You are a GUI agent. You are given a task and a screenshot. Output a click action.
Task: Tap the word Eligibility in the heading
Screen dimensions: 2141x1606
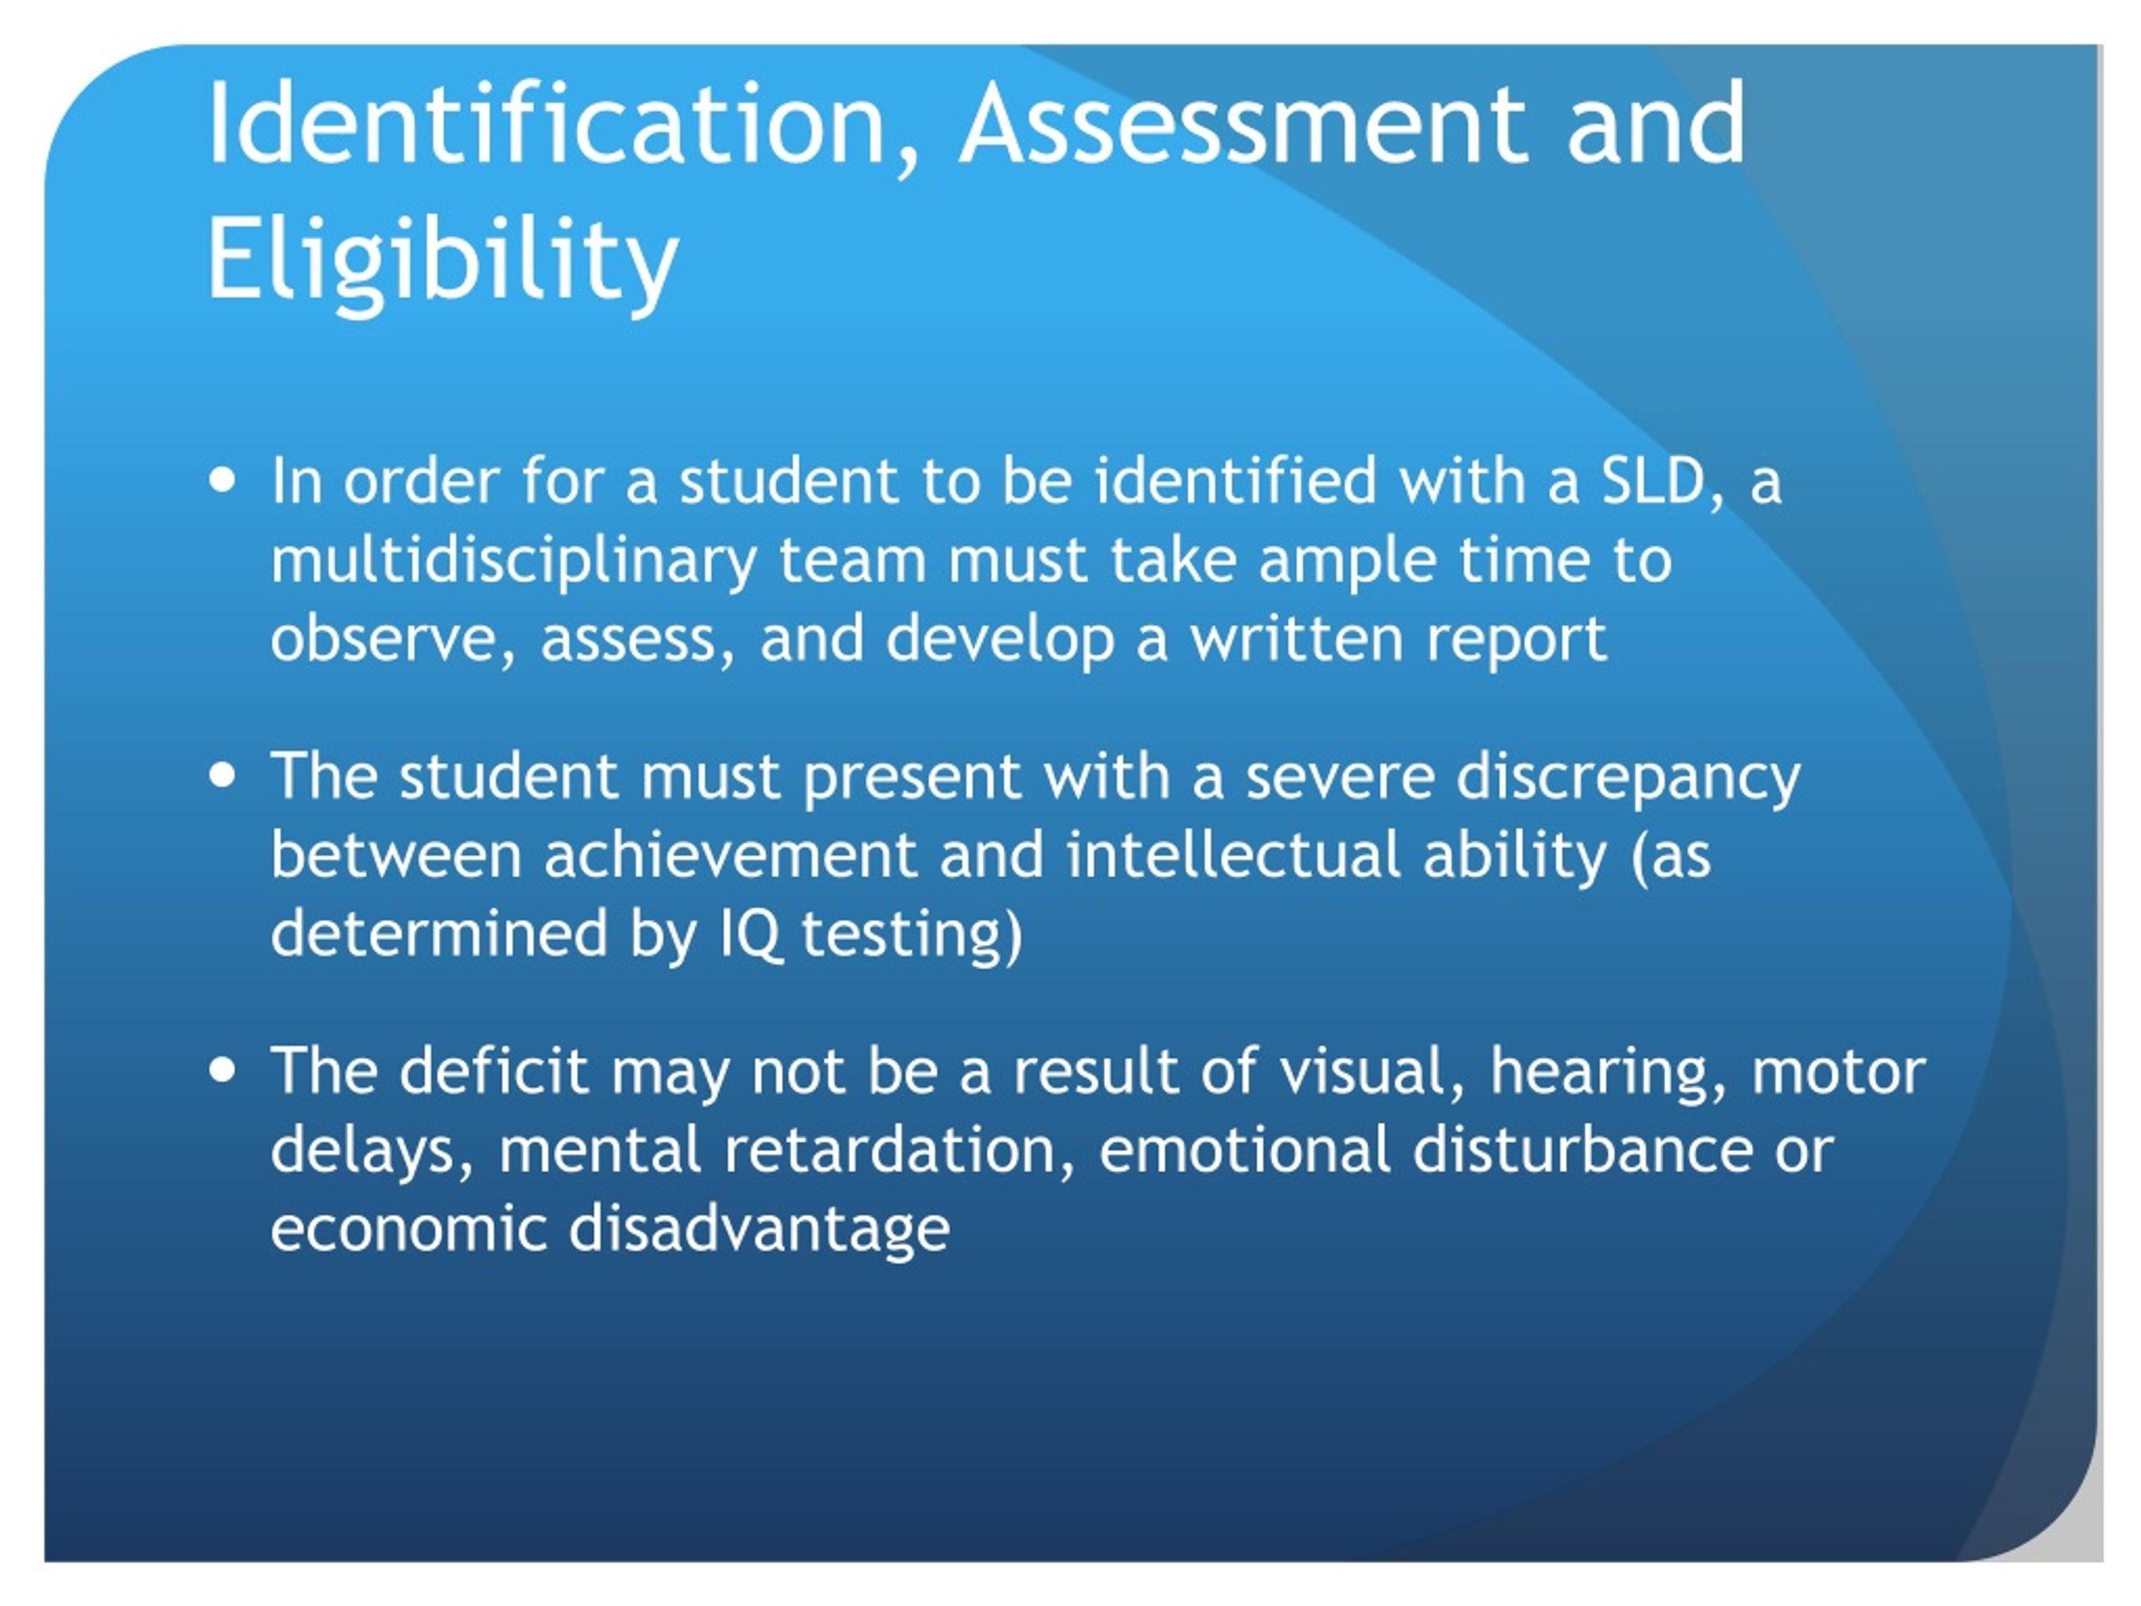click(x=442, y=258)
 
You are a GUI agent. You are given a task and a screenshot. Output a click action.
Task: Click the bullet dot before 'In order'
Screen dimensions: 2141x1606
click(x=222, y=481)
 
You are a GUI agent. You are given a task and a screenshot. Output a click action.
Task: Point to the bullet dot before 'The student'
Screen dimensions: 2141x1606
click(x=222, y=775)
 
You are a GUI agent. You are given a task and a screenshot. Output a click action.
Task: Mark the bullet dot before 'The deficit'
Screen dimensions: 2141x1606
click(x=222, y=1070)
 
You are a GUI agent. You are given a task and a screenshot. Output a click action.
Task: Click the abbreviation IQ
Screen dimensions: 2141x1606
click(x=751, y=935)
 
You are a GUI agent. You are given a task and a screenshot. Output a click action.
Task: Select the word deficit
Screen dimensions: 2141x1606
click(x=493, y=1071)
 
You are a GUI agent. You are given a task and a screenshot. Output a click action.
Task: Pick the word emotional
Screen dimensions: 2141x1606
click(x=1244, y=1150)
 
